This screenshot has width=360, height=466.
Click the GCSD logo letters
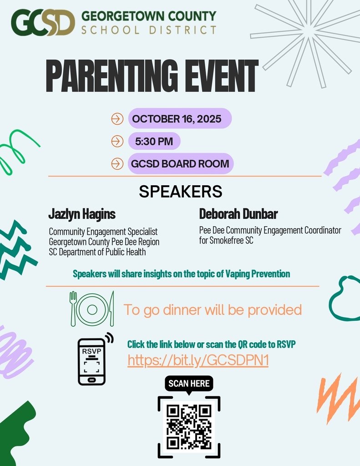43,23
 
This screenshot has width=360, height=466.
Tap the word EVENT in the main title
217,76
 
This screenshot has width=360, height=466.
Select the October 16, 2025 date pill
180,119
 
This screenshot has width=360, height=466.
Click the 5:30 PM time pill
154,141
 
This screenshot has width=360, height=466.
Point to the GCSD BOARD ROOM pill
180,163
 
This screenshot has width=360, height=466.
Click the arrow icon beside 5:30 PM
117,141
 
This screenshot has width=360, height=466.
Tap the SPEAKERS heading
180,192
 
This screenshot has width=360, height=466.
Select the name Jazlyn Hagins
82,214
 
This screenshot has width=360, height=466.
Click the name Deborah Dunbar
238,214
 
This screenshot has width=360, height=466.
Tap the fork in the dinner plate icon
73,309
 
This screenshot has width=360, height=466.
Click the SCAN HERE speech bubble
189,384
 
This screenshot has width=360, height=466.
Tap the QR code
189,426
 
